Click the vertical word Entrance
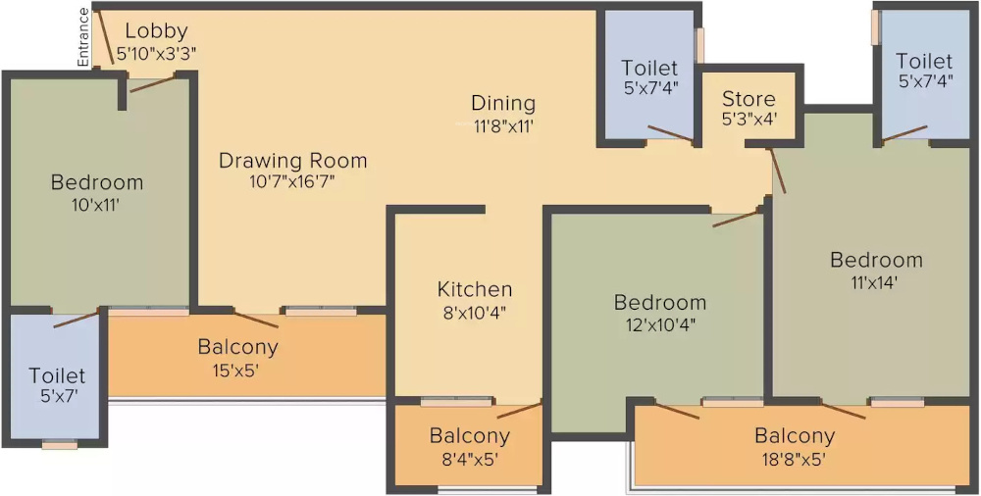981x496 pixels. coord(84,37)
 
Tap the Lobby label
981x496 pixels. coord(156,31)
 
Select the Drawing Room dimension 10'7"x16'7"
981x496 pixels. coord(292,180)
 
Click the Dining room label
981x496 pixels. coord(503,103)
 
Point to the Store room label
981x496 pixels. coord(749,99)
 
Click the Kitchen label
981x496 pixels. coord(475,289)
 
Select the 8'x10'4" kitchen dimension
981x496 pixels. coord(475,313)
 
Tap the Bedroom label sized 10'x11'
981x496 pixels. coord(97,182)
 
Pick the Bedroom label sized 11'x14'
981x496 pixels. coord(876,260)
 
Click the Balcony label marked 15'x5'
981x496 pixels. coord(238,347)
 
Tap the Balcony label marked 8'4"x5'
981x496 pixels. coord(470,436)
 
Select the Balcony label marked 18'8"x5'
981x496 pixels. coord(795,436)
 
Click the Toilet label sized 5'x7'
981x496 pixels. coord(57,375)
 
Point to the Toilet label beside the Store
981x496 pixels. coord(649,68)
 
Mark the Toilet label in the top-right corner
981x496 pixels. coord(924,62)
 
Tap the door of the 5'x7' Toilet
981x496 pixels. coord(77,319)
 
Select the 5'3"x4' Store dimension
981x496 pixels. coord(749,119)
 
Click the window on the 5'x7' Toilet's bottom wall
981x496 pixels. coord(60,444)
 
